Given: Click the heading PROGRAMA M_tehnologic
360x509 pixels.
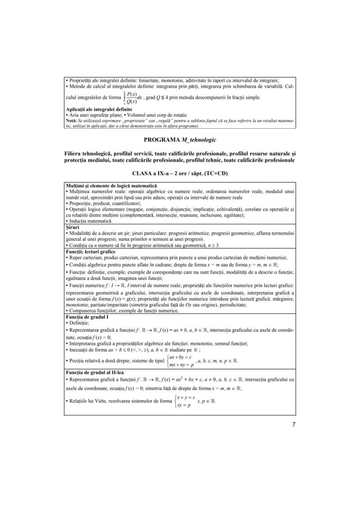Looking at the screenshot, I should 180,140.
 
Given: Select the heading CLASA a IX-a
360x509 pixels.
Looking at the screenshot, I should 180,173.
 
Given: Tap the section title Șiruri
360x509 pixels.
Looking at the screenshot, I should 72,226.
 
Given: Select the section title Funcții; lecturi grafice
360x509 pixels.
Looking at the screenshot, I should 90,251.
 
